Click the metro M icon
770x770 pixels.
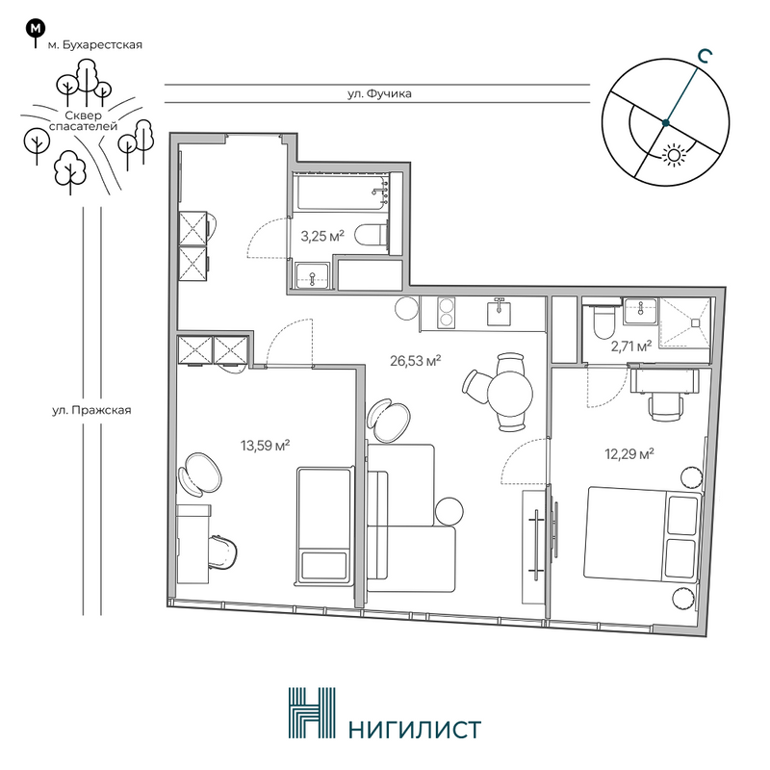[35, 29]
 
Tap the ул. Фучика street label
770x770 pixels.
[379, 93]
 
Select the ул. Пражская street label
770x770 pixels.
[91, 410]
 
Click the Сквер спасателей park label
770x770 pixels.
[83, 121]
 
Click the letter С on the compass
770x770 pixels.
[705, 57]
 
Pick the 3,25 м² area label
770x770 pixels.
[322, 236]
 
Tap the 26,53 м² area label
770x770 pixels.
[415, 361]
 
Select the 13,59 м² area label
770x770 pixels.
[265, 446]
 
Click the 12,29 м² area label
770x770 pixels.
[629, 453]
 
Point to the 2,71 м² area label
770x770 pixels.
[631, 347]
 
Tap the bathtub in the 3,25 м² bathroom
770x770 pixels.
[341, 193]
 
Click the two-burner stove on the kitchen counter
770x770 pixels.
[446, 313]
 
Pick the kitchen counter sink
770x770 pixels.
[499, 312]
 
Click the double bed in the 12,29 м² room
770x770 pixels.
[642, 534]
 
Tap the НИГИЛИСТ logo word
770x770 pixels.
[415, 730]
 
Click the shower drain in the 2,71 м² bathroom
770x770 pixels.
[695, 322]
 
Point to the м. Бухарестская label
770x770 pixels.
[94, 45]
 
